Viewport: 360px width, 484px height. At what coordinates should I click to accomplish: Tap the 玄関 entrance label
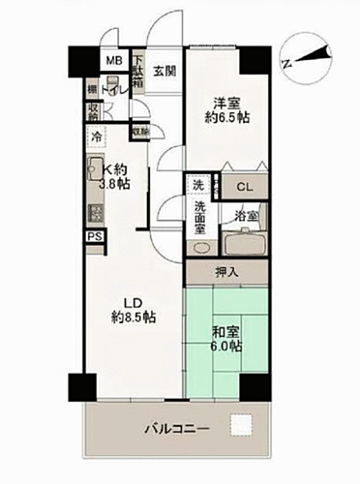click(164, 71)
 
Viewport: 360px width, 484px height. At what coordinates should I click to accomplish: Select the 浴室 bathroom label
click(246, 217)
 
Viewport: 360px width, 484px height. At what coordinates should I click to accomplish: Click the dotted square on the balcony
click(241, 423)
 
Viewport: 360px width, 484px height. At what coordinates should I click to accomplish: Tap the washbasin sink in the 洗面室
click(200, 245)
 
